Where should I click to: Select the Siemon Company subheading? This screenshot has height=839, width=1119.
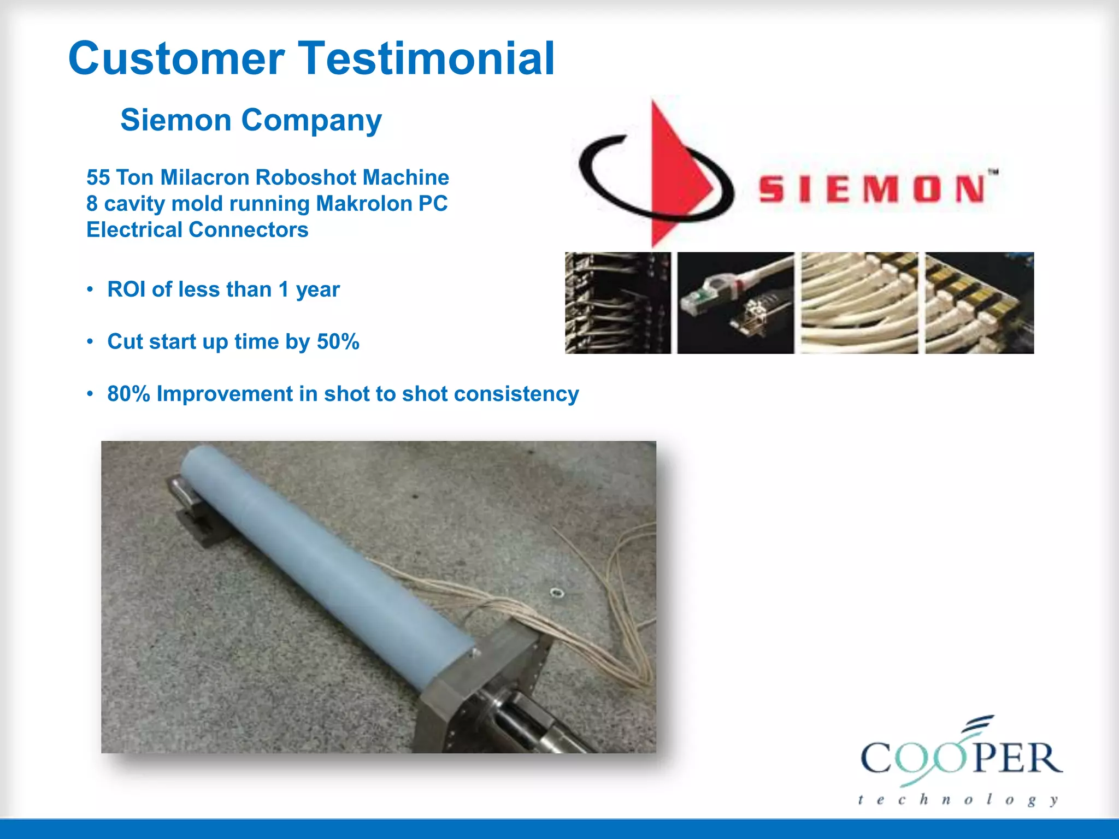(x=251, y=120)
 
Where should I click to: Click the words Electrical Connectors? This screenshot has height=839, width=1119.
(x=197, y=230)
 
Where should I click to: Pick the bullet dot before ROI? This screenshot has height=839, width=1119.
(x=90, y=289)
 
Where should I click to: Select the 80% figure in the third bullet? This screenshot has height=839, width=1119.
(x=128, y=394)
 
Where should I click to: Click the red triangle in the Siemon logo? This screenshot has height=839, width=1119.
(x=675, y=175)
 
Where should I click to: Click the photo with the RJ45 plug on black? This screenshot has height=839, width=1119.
(x=735, y=303)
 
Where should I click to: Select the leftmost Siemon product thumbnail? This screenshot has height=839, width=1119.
(x=617, y=303)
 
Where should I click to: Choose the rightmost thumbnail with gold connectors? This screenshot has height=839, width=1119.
(x=979, y=303)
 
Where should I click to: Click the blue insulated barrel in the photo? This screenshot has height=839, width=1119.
(x=322, y=563)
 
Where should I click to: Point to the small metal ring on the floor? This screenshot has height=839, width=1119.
(x=556, y=592)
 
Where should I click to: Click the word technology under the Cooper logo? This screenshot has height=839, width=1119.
(x=957, y=800)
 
